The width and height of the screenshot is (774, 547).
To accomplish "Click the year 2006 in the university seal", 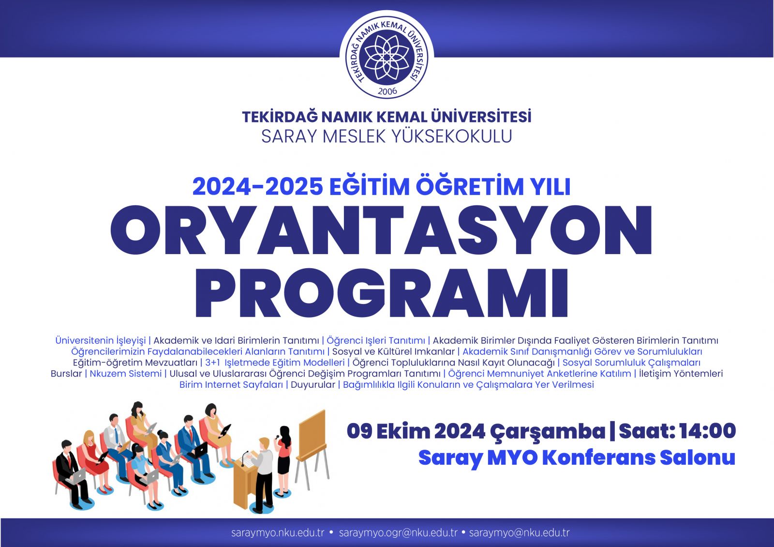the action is (387, 91).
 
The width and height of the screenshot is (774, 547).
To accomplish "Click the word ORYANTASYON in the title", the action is (381, 230).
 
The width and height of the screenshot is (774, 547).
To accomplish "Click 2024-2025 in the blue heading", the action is (258, 187).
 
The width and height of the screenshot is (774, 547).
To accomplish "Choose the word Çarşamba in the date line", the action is (548, 432).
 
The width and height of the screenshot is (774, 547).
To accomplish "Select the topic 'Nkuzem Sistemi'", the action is (125, 374).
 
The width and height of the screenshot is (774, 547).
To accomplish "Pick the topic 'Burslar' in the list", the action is (66, 374).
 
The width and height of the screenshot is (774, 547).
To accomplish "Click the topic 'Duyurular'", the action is (313, 385).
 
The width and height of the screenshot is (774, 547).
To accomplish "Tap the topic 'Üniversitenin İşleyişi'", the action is (101, 341).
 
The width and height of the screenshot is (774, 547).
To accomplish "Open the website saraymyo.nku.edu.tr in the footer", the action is (278, 533).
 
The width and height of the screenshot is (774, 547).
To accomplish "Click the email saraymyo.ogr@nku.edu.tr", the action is (398, 533).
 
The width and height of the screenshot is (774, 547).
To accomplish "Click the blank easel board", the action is (312, 434).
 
